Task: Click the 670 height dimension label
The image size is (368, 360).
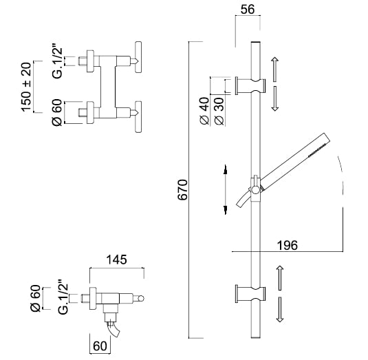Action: click(x=183, y=190)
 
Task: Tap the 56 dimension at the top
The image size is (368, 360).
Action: click(x=248, y=10)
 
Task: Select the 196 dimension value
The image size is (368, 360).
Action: click(x=288, y=245)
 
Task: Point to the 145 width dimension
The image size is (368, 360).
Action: click(x=117, y=260)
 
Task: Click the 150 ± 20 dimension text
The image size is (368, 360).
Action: click(x=26, y=87)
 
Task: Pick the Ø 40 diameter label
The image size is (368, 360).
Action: click(x=204, y=111)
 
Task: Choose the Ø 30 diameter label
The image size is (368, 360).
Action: click(x=219, y=112)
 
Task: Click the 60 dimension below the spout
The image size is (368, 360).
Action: click(x=100, y=346)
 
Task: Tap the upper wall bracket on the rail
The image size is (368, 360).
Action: click(x=250, y=86)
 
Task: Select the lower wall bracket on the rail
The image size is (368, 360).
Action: click(x=250, y=294)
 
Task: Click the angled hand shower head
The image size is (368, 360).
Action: click(x=295, y=160)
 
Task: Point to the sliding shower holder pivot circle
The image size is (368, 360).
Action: click(x=255, y=189)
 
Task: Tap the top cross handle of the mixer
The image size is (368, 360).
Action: click(x=138, y=57)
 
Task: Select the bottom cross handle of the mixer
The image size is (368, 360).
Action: click(x=138, y=117)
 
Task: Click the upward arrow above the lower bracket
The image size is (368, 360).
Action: click(x=279, y=278)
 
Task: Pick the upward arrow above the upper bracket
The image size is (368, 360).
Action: click(x=275, y=70)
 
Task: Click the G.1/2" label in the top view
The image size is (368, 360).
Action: click(x=58, y=63)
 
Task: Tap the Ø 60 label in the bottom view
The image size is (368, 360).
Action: click(x=36, y=298)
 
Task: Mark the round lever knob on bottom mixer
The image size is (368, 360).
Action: click(x=140, y=299)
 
